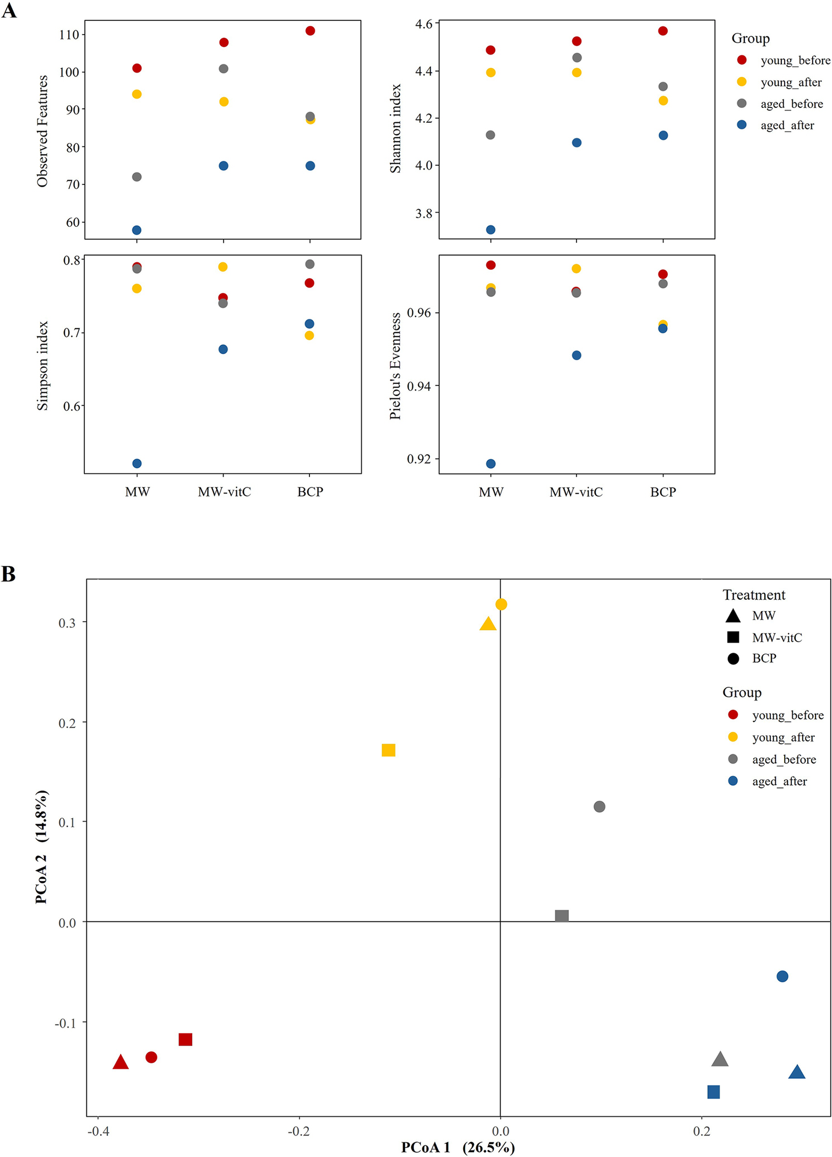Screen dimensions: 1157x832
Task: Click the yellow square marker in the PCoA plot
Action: pyautogui.click(x=388, y=750)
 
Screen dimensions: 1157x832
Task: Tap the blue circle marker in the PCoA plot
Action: pyautogui.click(x=782, y=976)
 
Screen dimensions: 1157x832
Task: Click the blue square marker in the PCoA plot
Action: pyautogui.click(x=713, y=1092)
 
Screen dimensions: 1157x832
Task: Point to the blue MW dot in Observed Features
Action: pyautogui.click(x=137, y=230)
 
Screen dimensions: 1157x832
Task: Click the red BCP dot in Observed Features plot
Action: pyautogui.click(x=310, y=31)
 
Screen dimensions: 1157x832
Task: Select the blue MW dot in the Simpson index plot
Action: pyautogui.click(x=137, y=464)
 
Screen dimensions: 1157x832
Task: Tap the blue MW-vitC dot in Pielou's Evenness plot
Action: pyautogui.click(x=577, y=355)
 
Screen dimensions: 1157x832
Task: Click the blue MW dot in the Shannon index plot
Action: pyautogui.click(x=491, y=230)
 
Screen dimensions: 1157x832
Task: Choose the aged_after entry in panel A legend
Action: pyautogui.click(x=787, y=126)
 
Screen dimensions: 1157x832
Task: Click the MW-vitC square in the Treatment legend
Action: pyautogui.click(x=733, y=637)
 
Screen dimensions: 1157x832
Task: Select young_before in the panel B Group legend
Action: pyautogui.click(x=787, y=715)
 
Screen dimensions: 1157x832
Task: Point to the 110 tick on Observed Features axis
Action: pyautogui.click(x=69, y=35)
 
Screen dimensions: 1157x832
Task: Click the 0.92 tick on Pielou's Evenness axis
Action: pyautogui.click(x=419, y=459)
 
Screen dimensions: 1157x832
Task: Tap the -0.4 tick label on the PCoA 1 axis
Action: pyautogui.click(x=97, y=1132)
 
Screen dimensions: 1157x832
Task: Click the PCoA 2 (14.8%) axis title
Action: pyautogui.click(x=42, y=848)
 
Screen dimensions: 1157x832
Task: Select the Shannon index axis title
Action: pyautogui.click(x=395, y=128)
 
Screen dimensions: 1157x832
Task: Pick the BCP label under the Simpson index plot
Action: pyautogui.click(x=310, y=492)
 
